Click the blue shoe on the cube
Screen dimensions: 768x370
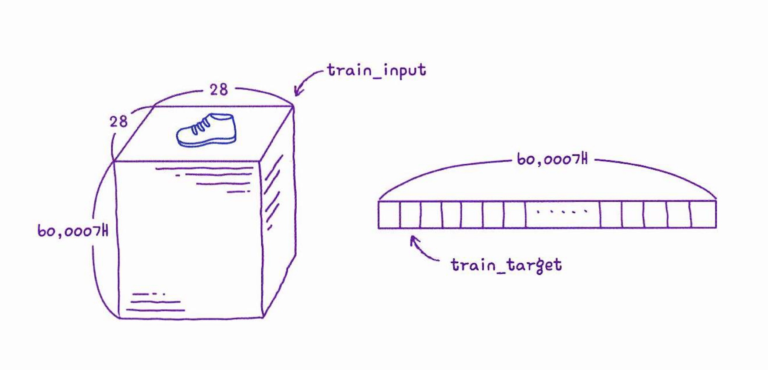(x=206, y=130)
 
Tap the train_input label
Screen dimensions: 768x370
(x=376, y=71)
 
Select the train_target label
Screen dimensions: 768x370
(x=506, y=265)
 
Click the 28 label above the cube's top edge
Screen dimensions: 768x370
(x=219, y=90)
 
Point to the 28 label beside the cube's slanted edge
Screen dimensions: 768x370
(x=118, y=122)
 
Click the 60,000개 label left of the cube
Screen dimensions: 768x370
(x=73, y=231)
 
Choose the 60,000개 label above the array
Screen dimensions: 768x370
(x=552, y=160)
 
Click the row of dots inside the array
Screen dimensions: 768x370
(x=562, y=212)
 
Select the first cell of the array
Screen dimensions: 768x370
(x=389, y=214)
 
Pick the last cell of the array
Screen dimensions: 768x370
(x=703, y=214)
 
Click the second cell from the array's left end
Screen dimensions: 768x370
(x=410, y=214)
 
